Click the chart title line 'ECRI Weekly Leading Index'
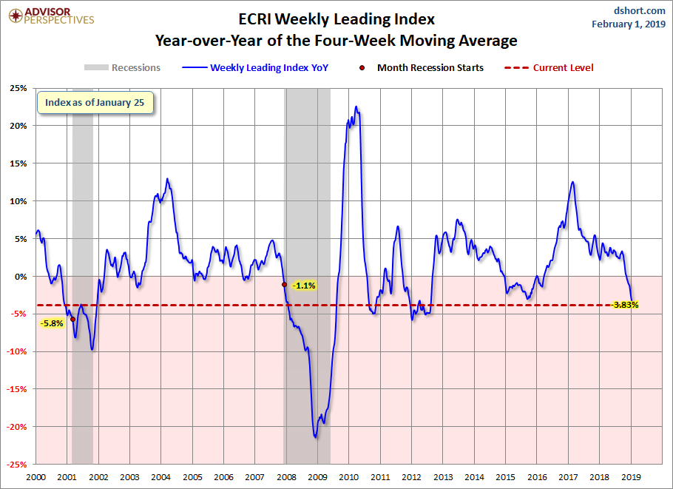click(x=336, y=18)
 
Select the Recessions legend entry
click(x=122, y=68)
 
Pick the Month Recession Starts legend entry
click(x=423, y=68)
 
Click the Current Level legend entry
click(x=551, y=68)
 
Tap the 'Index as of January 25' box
click(x=95, y=103)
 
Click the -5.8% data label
click(x=52, y=323)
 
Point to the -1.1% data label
click(x=304, y=286)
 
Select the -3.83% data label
click(x=626, y=304)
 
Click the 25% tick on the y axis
click(x=18, y=88)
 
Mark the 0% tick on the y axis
click(x=20, y=277)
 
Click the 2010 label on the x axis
click(x=348, y=477)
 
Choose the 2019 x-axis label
click(x=631, y=477)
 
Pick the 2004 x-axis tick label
click(x=160, y=477)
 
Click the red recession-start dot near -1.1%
click(x=285, y=284)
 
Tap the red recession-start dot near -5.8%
click(x=72, y=320)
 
